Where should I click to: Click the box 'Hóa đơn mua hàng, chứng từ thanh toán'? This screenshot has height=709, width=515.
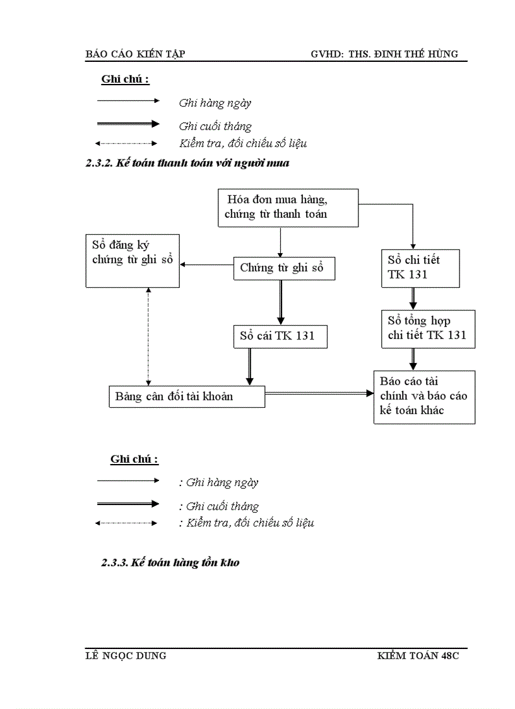tap(288, 207)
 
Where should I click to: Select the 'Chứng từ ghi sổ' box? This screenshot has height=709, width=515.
tap(283, 268)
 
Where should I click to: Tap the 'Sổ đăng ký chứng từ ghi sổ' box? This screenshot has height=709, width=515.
tap(133, 260)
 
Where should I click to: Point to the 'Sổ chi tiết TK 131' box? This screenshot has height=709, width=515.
tap(429, 268)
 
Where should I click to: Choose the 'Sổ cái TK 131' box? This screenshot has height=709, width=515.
tap(281, 336)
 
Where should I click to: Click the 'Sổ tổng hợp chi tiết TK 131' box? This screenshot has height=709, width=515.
tap(429, 328)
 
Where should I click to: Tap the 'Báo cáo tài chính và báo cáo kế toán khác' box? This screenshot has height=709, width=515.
tap(424, 396)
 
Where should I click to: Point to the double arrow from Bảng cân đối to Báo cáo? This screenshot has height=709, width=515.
tap(319, 393)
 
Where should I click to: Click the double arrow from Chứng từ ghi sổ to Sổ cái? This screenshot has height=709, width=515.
tap(281, 302)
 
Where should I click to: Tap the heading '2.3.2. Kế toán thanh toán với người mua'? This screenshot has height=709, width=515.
tap(187, 164)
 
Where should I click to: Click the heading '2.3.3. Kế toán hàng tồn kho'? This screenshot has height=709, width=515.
tap(170, 563)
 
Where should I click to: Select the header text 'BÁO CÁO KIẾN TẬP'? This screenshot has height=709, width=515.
tap(135, 54)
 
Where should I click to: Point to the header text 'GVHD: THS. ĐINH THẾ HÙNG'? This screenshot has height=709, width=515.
tap(384, 54)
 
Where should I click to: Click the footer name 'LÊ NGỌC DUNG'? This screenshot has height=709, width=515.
tap(126, 656)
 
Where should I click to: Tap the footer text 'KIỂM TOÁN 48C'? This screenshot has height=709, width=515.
tap(418, 656)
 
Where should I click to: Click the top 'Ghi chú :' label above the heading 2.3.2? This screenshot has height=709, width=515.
tap(125, 80)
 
